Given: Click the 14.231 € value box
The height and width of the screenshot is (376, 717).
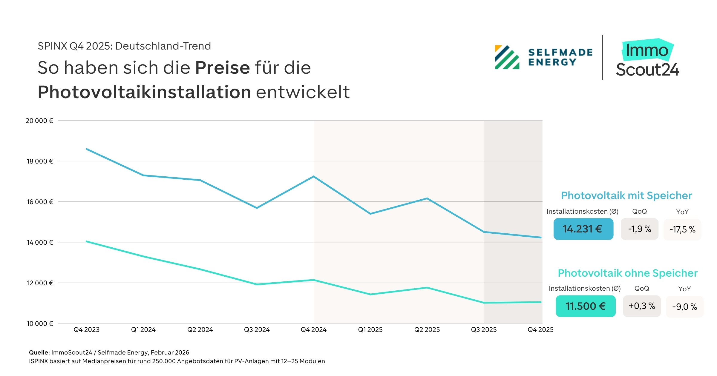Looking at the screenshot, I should click(x=583, y=229).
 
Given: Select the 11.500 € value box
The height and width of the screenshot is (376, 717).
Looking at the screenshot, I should click(x=586, y=306).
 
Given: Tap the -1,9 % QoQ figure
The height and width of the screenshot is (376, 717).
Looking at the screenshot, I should click(x=639, y=229).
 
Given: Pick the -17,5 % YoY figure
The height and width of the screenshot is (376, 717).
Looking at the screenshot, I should click(x=682, y=229).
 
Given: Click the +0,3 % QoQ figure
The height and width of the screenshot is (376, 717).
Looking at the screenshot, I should click(x=642, y=306).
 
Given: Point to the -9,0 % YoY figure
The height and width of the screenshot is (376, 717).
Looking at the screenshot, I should click(x=684, y=307).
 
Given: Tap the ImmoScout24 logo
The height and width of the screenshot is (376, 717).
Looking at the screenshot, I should click(x=647, y=58).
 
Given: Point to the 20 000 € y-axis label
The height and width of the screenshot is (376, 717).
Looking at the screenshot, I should click(x=39, y=121).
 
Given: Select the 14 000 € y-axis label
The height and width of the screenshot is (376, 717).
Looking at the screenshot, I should click(x=40, y=242).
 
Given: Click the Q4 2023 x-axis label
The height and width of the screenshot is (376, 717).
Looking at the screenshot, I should click(x=86, y=329).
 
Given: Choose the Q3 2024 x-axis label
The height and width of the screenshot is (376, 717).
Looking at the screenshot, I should click(x=257, y=329).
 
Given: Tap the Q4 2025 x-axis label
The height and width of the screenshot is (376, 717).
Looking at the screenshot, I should click(x=540, y=329).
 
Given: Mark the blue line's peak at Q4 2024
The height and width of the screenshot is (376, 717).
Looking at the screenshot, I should click(x=314, y=176).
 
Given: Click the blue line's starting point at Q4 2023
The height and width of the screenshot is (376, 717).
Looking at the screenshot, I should click(x=86, y=149).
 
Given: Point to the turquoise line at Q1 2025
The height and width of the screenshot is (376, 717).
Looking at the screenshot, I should click(x=370, y=294).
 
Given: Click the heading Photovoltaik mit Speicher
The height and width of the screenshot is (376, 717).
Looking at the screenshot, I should click(x=626, y=195).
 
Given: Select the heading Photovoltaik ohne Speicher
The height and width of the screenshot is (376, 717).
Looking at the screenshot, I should click(x=628, y=273).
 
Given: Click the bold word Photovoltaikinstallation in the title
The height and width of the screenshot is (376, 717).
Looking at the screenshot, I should click(x=144, y=92).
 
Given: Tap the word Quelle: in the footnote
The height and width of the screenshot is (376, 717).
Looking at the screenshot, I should click(x=39, y=352).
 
